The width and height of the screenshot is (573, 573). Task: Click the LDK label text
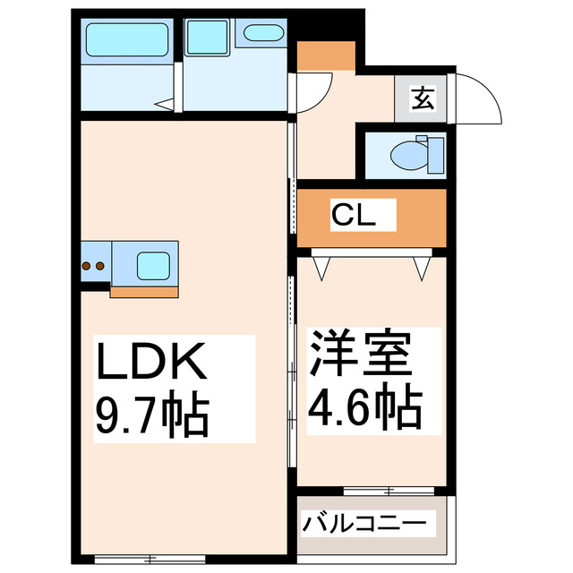[x=153, y=364]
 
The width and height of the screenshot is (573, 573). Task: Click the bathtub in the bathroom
[x=127, y=40]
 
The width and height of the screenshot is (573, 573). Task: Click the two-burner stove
[x=93, y=265]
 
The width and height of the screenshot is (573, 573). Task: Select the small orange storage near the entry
[x=326, y=56]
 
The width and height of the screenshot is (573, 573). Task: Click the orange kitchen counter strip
[x=143, y=290]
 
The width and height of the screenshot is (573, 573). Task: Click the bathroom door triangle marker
[x=165, y=104]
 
